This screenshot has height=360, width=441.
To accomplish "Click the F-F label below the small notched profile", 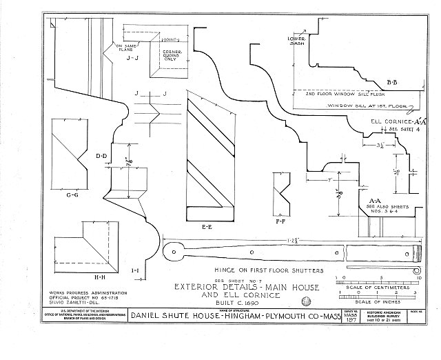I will click(279, 222).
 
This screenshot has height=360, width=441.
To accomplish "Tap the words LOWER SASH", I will click(296, 43).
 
